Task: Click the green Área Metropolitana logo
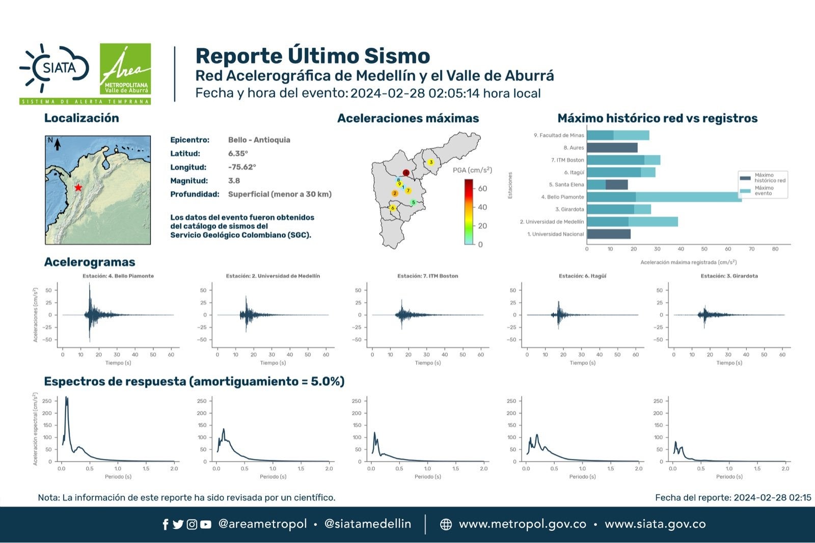pos(125,69)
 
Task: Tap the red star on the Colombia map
pos(78,187)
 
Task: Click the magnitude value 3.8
pos(234,181)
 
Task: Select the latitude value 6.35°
pos(238,153)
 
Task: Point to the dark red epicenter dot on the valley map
pos(406,173)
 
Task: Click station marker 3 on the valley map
pos(431,162)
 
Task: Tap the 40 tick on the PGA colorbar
pos(482,207)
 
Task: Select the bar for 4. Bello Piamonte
pos(664,197)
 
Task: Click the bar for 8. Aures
pos(612,148)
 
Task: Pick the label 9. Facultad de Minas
pos(559,135)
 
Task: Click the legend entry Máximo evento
pos(764,191)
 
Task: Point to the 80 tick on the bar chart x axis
pos(775,249)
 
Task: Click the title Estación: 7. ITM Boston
pos(427,276)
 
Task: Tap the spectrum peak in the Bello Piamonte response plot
pos(66,398)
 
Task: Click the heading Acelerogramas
pos(90,262)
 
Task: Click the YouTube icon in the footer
pos(206,525)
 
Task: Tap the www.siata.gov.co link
pos(655,524)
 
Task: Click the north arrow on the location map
pos(57,145)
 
